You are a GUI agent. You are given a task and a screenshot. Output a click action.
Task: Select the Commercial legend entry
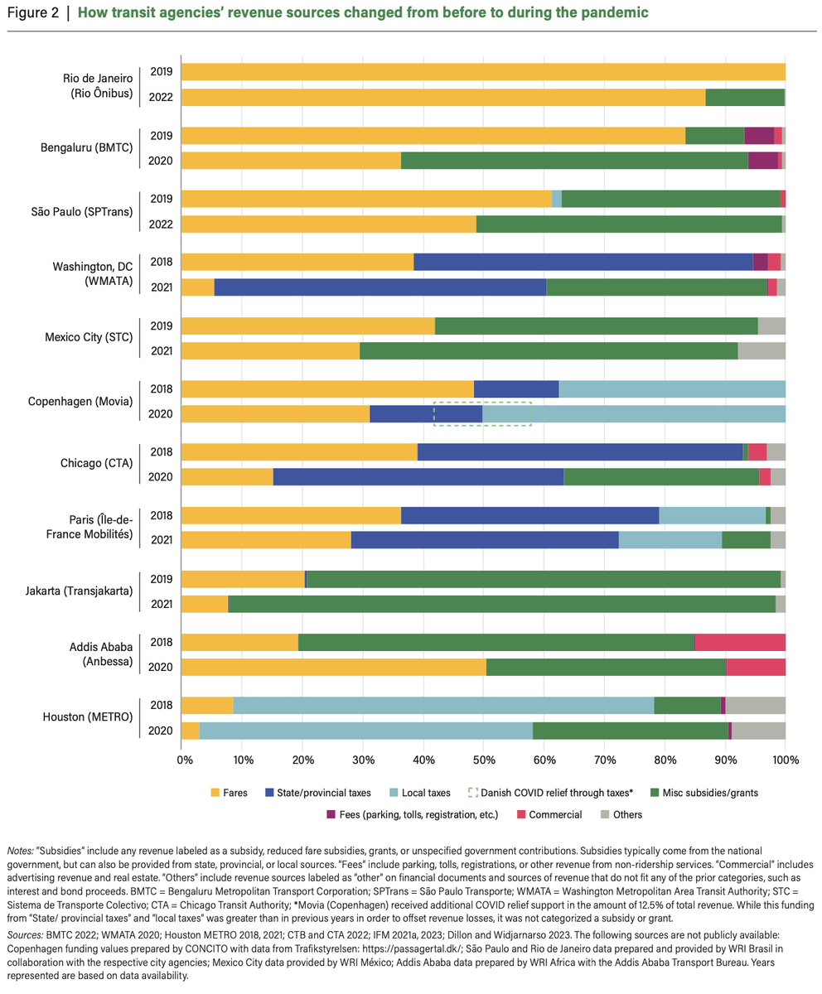[556, 814]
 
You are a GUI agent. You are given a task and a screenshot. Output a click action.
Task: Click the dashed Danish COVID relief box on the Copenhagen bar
[482, 413]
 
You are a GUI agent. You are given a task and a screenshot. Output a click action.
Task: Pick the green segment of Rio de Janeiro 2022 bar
[744, 97]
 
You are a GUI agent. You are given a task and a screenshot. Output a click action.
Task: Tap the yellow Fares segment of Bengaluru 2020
[290, 160]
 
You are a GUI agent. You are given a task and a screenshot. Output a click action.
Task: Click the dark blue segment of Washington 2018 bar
[583, 262]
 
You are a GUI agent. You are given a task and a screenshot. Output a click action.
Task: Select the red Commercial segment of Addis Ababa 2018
[739, 642]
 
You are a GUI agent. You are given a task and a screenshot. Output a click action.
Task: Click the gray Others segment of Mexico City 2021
[761, 350]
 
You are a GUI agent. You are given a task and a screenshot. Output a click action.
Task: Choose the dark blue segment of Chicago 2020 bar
[418, 476]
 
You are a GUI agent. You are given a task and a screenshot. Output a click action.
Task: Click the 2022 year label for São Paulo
[161, 224]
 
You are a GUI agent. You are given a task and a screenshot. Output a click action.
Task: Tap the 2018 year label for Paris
[161, 515]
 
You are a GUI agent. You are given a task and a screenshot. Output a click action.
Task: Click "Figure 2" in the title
[32, 13]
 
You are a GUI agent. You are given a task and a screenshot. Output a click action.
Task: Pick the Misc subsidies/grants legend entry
[709, 793]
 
